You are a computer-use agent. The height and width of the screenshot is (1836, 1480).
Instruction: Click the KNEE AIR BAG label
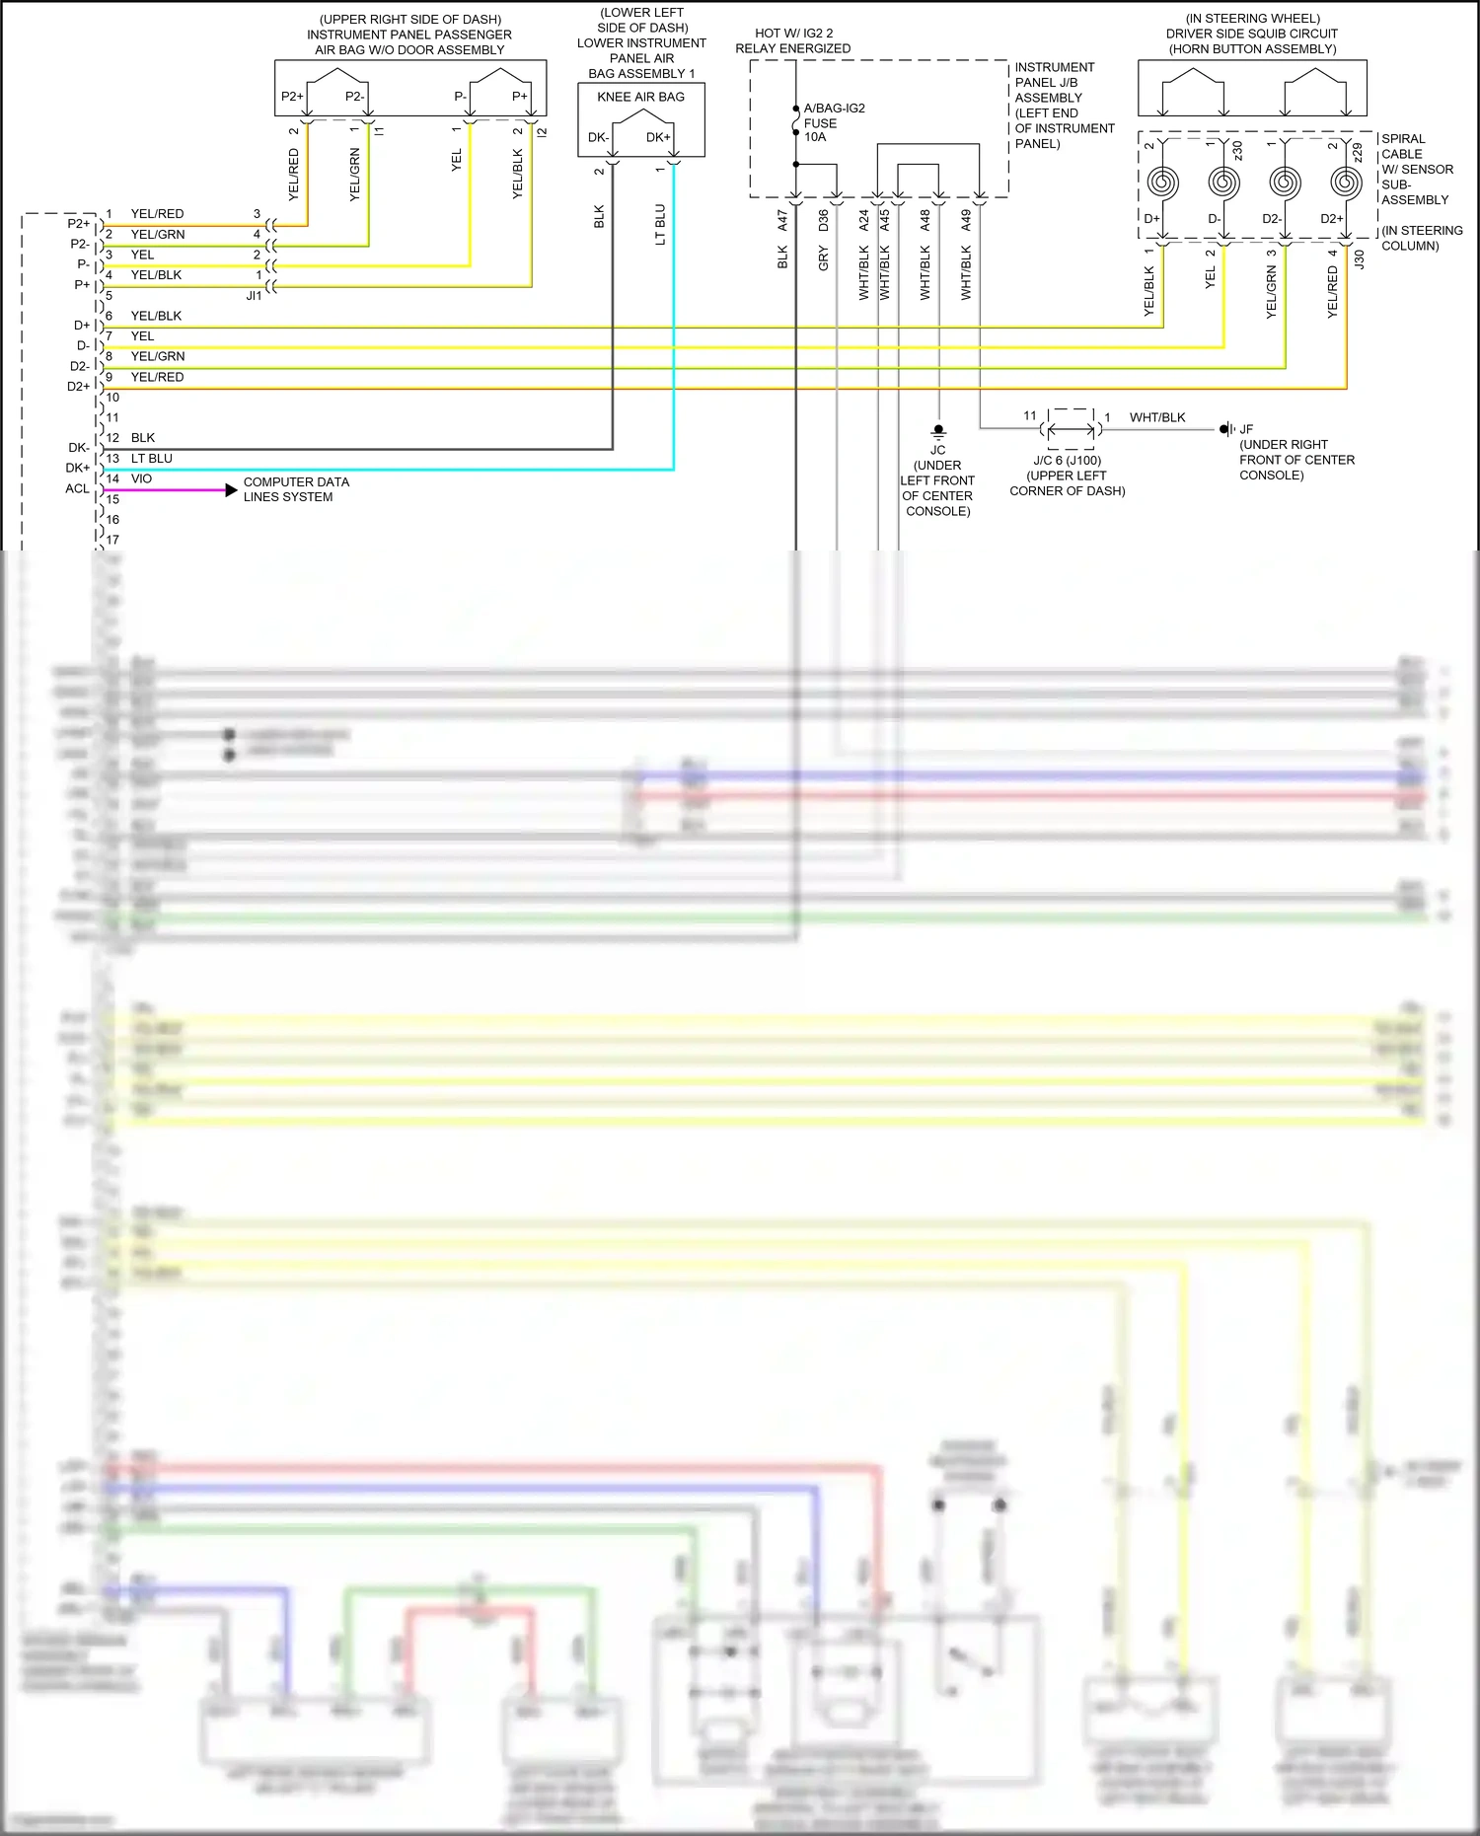point(640,97)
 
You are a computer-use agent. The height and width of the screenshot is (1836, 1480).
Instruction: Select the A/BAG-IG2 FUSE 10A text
point(833,122)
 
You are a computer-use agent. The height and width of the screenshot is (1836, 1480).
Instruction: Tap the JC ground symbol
point(938,431)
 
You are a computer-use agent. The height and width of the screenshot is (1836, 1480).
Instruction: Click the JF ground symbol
point(1225,429)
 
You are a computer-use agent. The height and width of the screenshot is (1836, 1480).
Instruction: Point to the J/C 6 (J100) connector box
point(1071,429)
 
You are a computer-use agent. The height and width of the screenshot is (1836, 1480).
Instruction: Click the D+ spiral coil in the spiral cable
point(1162,183)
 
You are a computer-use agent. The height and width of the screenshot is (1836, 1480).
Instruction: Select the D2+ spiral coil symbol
point(1346,183)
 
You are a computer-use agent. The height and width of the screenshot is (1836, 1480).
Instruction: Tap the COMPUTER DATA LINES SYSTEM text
point(296,489)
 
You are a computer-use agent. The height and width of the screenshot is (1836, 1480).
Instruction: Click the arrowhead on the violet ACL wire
point(231,490)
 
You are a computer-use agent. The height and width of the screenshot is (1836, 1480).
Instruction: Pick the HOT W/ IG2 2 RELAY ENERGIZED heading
point(793,40)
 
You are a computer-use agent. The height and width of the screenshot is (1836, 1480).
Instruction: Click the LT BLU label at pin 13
point(152,459)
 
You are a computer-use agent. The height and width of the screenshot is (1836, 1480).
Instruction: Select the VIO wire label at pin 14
point(142,478)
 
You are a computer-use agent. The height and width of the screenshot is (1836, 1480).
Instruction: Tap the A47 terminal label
point(782,220)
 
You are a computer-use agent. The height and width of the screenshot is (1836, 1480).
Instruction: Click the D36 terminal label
point(823,220)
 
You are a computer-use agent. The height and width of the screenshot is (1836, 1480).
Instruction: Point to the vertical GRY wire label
point(823,258)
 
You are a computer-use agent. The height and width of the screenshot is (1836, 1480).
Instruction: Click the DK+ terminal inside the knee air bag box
point(658,137)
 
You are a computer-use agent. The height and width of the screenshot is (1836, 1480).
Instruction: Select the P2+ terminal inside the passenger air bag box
point(292,96)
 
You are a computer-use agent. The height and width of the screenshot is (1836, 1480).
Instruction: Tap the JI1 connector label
point(254,295)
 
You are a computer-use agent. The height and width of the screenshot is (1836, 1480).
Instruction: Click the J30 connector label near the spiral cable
point(1359,259)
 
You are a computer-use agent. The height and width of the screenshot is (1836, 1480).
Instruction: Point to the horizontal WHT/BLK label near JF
point(1157,417)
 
